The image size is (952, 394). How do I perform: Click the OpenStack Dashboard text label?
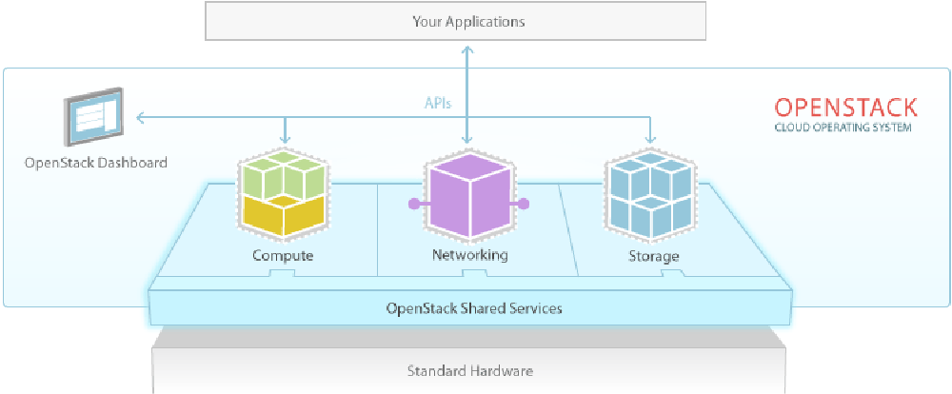coord(95,163)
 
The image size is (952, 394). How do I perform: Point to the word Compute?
coord(283,256)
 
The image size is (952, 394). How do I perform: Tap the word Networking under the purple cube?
coord(469,255)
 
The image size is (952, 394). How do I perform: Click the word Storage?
coord(653,256)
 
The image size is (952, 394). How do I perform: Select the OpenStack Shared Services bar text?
coord(473,308)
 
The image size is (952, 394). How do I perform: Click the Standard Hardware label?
coord(470,370)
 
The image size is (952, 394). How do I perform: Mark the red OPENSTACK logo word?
coord(845,107)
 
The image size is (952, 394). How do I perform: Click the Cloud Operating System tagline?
coord(843,128)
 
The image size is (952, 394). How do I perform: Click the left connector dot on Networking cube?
coord(412,203)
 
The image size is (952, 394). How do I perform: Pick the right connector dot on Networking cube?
coord(525,203)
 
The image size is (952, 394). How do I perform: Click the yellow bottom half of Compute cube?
coord(283,216)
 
